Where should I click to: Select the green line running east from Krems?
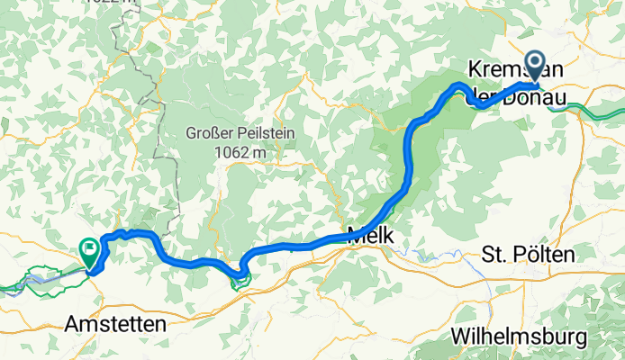coord(594,110)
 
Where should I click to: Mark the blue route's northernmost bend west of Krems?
coord(459,85)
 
